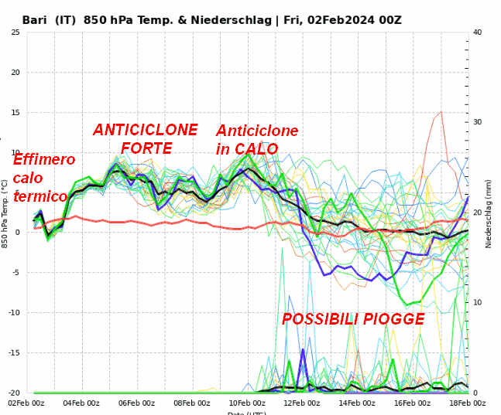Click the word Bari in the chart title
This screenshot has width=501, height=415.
coord(36,20)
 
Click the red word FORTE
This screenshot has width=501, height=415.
coord(147,148)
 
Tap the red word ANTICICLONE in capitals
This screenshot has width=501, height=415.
coord(146,130)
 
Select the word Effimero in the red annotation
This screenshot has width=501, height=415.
coord(44,160)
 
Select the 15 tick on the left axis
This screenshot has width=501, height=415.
coord(16,113)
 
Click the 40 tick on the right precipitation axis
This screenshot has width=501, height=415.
coord(478,32)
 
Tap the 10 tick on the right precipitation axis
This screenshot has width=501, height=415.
coord(478,303)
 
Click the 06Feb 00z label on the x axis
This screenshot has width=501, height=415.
coord(136,403)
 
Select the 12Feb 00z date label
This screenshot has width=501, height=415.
coord(302,403)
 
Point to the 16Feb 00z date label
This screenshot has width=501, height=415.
coord(413,403)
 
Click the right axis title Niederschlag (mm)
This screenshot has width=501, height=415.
coord(489,213)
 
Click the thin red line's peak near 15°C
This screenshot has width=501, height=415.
coord(441,111)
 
